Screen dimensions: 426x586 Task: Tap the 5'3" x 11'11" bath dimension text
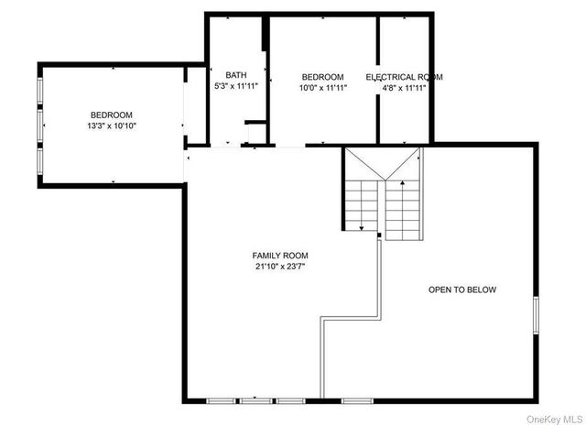click(236, 85)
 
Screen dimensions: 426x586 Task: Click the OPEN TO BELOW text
click(462, 289)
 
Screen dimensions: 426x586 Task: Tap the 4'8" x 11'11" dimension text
click(404, 88)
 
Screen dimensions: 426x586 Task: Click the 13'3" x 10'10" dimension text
click(113, 126)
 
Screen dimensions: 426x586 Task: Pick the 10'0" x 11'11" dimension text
click(322, 88)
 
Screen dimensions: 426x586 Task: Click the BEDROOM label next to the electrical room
click(322, 77)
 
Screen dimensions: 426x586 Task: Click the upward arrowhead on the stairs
click(401, 184)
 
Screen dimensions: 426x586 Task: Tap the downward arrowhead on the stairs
click(362, 227)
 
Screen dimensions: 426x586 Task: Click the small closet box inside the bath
click(255, 133)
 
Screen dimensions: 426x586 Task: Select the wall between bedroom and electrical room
click(378, 82)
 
